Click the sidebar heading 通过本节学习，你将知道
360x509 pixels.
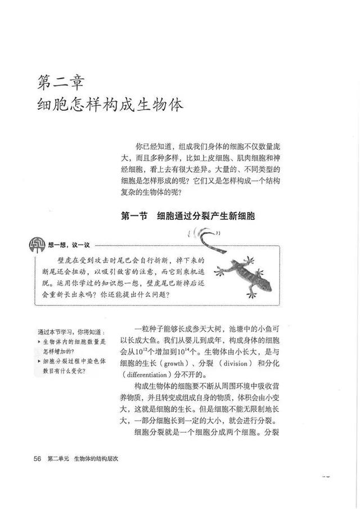(x=66, y=332)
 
